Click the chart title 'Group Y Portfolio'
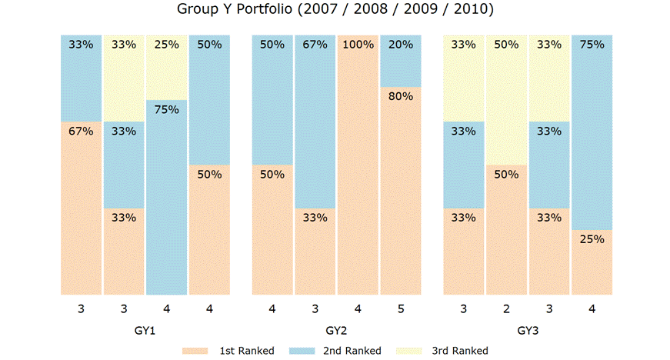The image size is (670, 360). [335, 10]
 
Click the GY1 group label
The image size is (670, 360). [145, 332]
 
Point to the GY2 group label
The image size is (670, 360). [336, 332]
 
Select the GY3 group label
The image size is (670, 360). [528, 332]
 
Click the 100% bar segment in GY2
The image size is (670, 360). [358, 165]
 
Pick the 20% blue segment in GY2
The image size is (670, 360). [401, 61]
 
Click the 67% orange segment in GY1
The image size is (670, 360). [81, 208]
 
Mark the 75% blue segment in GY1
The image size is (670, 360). [167, 197]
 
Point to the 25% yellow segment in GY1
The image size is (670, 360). [167, 67]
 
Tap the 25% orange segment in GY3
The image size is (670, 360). [592, 262]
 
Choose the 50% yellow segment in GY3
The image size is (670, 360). [505, 100]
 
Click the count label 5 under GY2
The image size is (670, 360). [401, 309]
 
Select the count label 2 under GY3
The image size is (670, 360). [505, 309]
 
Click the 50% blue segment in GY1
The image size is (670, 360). [210, 100]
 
